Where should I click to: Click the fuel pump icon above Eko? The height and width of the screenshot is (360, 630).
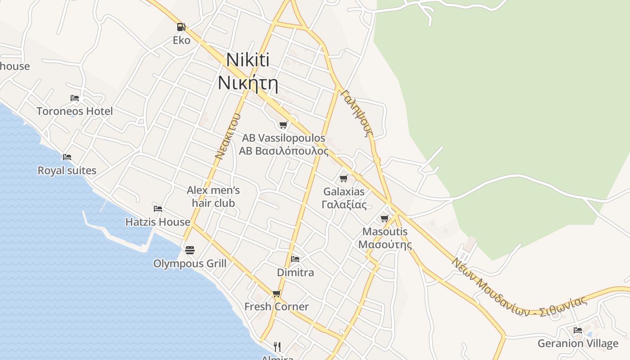click(181, 27)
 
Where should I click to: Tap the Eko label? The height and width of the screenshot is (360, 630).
click(182, 40)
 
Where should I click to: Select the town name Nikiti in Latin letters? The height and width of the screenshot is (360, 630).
click(248, 60)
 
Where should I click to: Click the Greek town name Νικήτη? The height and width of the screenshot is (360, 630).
click(247, 83)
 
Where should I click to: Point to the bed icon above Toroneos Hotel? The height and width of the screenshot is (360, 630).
click(75, 98)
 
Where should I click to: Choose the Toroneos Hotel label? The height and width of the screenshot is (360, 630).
click(75, 111)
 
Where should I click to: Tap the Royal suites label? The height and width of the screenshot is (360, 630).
click(67, 171)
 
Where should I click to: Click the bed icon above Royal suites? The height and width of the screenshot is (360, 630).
click(67, 157)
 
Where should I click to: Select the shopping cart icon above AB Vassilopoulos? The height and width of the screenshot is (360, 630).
click(283, 125)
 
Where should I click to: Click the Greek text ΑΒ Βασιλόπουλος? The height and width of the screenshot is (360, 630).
click(283, 151)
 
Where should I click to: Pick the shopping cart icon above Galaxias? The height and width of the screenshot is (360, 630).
click(344, 179)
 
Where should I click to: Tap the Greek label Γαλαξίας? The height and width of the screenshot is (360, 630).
click(344, 205)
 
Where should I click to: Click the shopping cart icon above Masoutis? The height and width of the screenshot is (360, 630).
click(385, 219)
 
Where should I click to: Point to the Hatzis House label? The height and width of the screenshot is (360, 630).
click(158, 222)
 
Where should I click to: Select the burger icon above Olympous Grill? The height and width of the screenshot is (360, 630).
click(190, 250)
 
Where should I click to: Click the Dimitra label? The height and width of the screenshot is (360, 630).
click(296, 273)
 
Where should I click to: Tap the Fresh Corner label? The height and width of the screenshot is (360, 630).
click(276, 307)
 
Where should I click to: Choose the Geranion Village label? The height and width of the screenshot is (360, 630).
click(578, 344)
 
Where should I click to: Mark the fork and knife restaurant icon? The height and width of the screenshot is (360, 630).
click(277, 347)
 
